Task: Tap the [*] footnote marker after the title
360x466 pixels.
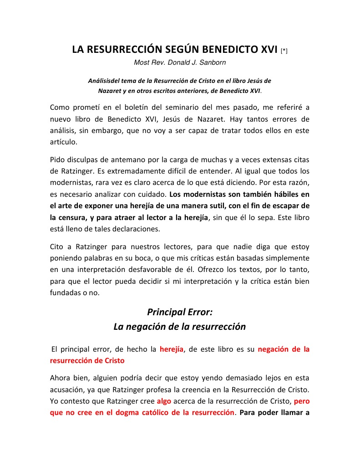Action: pyautogui.click(x=284, y=51)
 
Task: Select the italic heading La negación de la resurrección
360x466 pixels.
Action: pyautogui.click(x=180, y=327)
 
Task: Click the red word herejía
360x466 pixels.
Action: pyautogui.click(x=172, y=349)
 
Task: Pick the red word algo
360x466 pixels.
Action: pyautogui.click(x=164, y=402)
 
